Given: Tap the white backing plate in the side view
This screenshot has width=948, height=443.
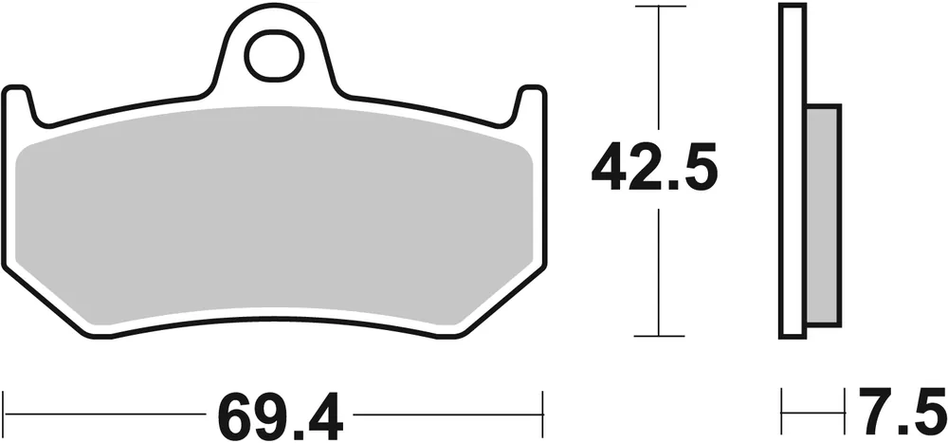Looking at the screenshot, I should [x=793, y=171].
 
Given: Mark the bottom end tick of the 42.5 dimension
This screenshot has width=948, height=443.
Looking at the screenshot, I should [x=659, y=336].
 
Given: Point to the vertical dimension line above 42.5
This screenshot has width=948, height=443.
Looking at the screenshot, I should [x=659, y=66].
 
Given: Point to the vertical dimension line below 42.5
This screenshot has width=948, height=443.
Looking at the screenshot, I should [x=659, y=275].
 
